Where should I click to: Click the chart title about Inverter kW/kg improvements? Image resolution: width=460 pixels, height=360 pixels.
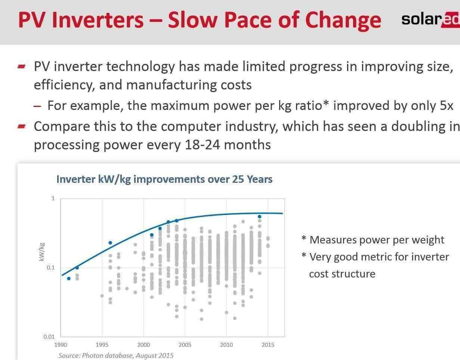[164, 179]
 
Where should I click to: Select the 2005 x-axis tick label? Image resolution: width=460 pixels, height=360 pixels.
[185, 345]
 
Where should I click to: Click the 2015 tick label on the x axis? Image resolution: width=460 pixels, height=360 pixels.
[268, 345]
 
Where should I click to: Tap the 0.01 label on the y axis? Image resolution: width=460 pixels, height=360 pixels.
[49, 337]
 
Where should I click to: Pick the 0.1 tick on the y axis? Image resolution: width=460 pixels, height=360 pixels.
[51, 268]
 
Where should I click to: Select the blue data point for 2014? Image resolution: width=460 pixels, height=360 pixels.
[259, 216]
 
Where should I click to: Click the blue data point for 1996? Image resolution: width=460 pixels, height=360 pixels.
[110, 243]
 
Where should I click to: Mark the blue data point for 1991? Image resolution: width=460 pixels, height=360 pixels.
[69, 279]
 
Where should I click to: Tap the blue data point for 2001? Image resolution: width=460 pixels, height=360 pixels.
[152, 235]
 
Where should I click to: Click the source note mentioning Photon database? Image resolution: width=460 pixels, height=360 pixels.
[116, 355]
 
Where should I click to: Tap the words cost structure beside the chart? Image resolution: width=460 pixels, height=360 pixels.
[342, 274]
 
